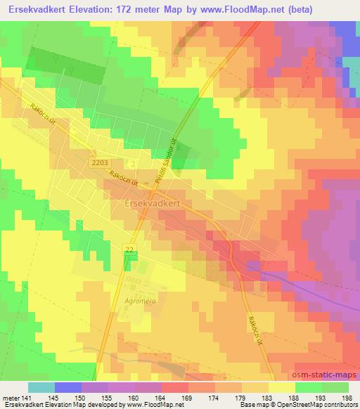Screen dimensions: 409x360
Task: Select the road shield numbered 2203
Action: click(99, 162)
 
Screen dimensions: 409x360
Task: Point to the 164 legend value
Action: click(161, 397)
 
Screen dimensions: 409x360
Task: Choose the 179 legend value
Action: click(241, 397)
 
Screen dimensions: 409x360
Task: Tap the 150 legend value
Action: click(82, 397)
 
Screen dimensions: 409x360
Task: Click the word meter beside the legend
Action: click(10, 397)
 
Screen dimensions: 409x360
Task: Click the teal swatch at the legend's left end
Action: click(41, 387)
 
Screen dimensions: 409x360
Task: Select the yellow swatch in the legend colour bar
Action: click(281, 387)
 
